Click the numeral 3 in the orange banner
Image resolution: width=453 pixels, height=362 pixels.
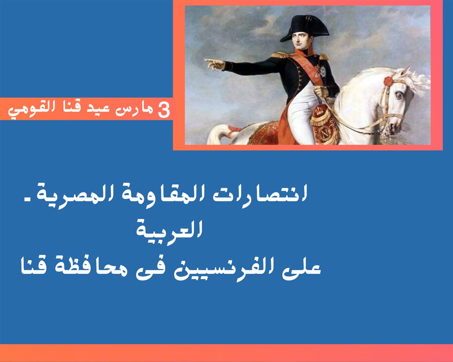[164, 110]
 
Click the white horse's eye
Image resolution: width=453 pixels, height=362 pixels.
[399, 95]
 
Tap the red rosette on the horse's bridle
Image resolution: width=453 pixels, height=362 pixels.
[389, 81]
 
